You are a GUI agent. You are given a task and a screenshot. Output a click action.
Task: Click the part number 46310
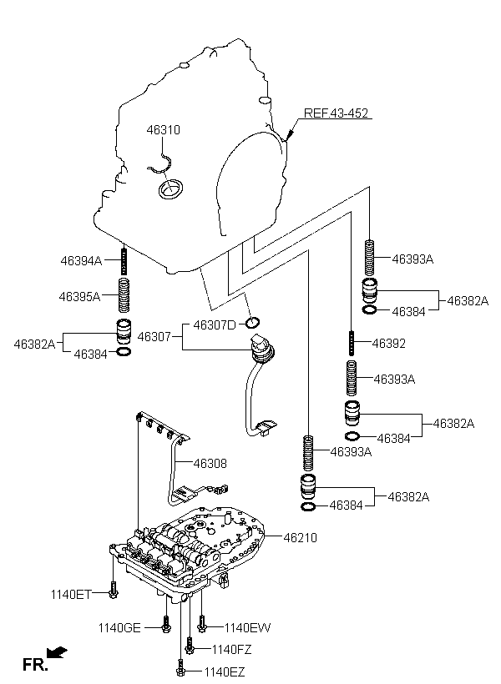164,130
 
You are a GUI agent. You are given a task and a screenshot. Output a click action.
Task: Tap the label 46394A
80,261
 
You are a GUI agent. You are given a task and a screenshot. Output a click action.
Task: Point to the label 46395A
79,296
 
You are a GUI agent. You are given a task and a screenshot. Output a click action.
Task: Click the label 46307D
215,324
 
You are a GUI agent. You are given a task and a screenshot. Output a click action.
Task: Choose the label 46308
210,463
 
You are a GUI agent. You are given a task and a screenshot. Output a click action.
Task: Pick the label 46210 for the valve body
301,538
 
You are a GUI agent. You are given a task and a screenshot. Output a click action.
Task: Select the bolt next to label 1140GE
166,626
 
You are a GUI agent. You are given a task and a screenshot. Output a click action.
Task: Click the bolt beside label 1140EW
200,624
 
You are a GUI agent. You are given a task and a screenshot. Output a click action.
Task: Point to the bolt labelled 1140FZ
191,646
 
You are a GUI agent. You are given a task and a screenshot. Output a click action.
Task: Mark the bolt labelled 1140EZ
180,669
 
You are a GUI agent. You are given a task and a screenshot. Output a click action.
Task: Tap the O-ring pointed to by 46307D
254,323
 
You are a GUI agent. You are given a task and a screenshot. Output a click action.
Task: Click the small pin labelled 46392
353,342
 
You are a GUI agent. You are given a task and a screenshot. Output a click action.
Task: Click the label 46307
154,337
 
